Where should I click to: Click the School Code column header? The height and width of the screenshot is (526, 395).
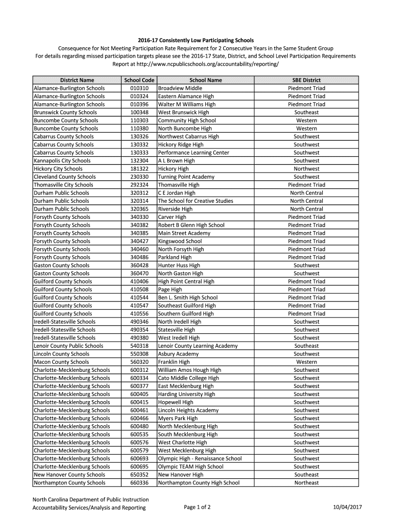click(x=139, y=80)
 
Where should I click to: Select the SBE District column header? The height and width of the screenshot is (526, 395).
click(x=306, y=80)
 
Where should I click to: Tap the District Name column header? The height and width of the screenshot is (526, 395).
click(x=77, y=80)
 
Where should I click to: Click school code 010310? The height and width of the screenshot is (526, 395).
click(x=139, y=88)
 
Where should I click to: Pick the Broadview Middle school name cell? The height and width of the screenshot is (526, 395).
click(x=180, y=88)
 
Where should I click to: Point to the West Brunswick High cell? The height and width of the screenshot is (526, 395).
click(x=183, y=112)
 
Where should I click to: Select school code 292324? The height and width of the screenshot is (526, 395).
click(x=139, y=185)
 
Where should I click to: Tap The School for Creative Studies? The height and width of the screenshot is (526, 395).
click(x=195, y=201)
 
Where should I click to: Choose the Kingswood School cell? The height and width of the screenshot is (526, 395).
click(x=180, y=241)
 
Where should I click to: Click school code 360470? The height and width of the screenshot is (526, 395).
click(x=139, y=273)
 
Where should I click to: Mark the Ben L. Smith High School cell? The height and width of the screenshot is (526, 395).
click(x=188, y=297)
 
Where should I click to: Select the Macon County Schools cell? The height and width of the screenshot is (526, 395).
click(x=61, y=362)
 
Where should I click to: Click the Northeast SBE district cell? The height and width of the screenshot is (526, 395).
click(x=306, y=483)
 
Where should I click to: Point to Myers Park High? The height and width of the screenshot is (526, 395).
click(x=177, y=419)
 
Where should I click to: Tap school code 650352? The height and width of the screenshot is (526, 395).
click(x=139, y=475)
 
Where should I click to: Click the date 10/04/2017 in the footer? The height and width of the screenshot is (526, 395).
click(x=347, y=508)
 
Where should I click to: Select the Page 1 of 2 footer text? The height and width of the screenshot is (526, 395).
click(x=197, y=508)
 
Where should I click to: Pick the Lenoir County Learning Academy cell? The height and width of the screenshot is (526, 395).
click(x=197, y=346)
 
